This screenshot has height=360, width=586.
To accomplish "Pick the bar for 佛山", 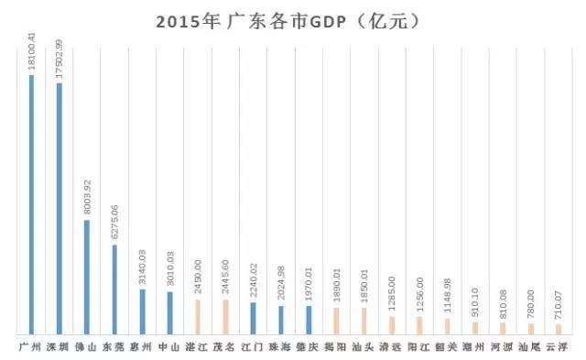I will [x=87, y=276].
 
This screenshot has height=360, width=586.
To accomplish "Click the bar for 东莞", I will [x=114, y=289].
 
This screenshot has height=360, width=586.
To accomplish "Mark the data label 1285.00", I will [x=392, y=295].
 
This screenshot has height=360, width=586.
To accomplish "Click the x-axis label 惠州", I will [x=142, y=347].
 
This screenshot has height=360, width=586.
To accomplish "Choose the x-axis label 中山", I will [x=169, y=347].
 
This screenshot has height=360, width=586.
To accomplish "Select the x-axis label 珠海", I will [x=281, y=347].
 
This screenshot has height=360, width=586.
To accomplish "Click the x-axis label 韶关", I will [x=447, y=347].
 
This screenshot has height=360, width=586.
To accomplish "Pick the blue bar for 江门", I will [x=254, y=317].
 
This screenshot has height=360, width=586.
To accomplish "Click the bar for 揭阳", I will [x=336, y=320].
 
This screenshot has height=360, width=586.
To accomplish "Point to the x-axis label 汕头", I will [x=364, y=347].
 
